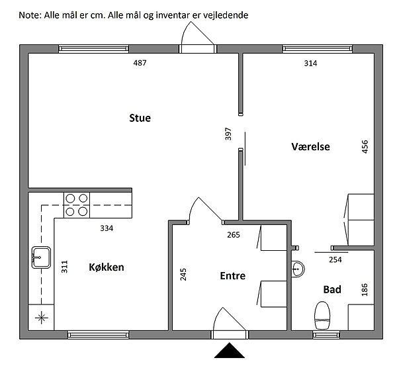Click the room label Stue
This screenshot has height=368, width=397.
pos(140,118)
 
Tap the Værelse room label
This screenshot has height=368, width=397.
pos(310,147)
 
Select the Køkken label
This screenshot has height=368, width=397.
pos(107,267)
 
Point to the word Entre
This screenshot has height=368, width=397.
pos(233,276)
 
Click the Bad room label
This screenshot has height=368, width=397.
pos(332,289)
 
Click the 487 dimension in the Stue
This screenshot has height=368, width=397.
pos(140,63)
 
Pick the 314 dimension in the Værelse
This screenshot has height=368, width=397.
pos(310,63)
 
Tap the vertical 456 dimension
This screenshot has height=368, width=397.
pos(365,147)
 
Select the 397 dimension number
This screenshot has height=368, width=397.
pos(228,134)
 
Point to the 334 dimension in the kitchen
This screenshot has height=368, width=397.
pos(107,228)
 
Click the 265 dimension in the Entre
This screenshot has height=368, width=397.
pos(233,235)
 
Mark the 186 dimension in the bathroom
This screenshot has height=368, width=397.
pos(365,290)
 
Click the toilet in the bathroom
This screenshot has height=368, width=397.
pos(322,315)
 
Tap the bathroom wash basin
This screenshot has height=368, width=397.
pos(298,269)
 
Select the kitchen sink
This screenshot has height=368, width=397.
pos(41,257)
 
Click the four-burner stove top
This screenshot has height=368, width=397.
pos(77,205)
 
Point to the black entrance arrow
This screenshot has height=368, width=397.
pos(230,350)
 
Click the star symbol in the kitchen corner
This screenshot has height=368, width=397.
pos(42,318)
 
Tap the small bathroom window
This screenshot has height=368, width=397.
pos(326,335)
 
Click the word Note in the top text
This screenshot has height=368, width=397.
pos(30,15)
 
